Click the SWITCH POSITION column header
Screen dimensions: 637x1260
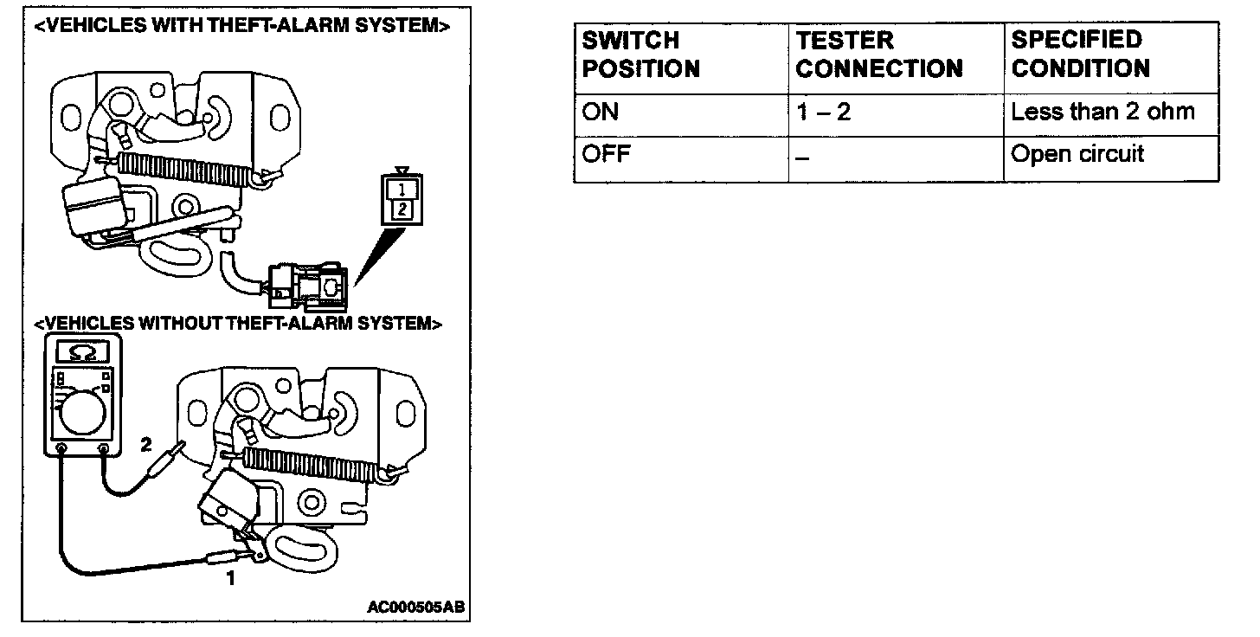641,55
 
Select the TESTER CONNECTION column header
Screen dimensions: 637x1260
879,55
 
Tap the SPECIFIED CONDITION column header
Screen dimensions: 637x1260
1081,55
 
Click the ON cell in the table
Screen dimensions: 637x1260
601,113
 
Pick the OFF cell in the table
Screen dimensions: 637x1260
605,156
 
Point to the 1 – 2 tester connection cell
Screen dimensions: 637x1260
823,113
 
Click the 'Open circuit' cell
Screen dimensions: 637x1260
1077,154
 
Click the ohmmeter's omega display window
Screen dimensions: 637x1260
81,351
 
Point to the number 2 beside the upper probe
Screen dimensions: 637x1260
146,445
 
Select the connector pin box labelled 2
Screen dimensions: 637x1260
400,208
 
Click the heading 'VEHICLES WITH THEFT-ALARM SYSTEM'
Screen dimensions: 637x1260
241,26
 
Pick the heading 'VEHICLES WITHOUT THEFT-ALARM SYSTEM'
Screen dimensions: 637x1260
238,324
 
